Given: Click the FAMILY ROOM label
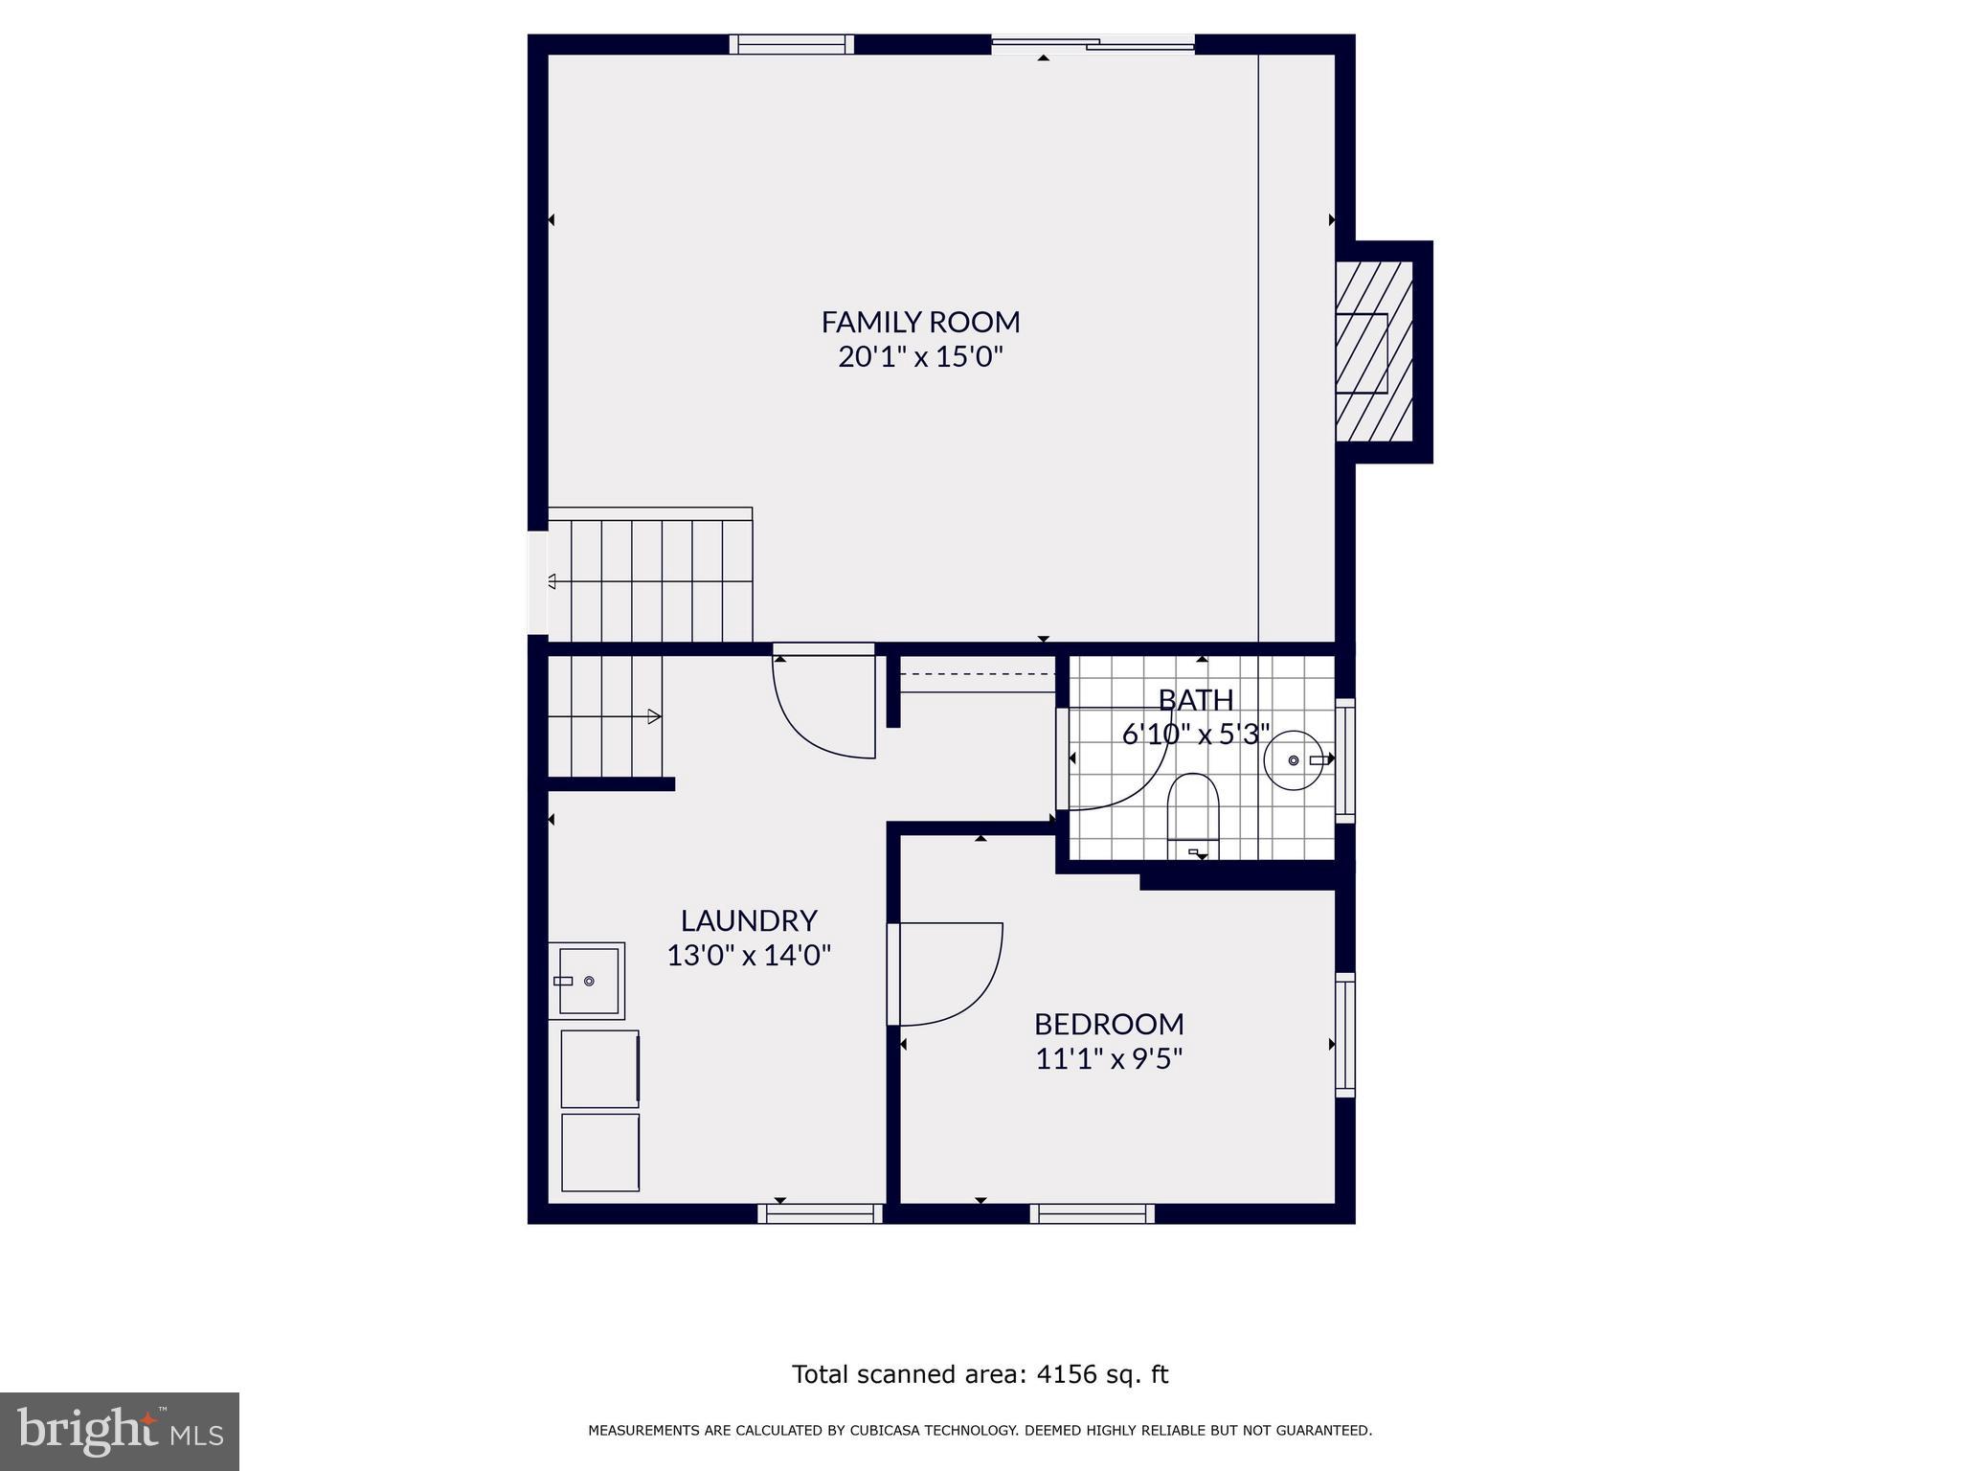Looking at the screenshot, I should pos(920,322).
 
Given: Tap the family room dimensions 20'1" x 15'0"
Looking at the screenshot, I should pos(920,357).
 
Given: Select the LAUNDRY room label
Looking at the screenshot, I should pos(749,920).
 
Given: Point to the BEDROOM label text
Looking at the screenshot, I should pos(1109,1024).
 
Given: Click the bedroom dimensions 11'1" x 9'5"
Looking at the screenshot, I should pos(1109,1059).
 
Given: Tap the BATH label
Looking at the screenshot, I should pos(1195,700).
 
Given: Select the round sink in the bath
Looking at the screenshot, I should pos(1294,760).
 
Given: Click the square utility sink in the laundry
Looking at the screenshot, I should pos(587,981).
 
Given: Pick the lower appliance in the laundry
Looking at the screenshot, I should pos(600,1152).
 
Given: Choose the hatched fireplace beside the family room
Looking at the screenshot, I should pos(1374,352).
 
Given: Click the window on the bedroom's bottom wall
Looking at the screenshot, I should pos(1093,1214).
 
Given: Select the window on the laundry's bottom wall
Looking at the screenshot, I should pos(821,1214).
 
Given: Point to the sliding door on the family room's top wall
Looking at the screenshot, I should pos(1093,43).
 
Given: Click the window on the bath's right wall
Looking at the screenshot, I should pos(1345,760).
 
